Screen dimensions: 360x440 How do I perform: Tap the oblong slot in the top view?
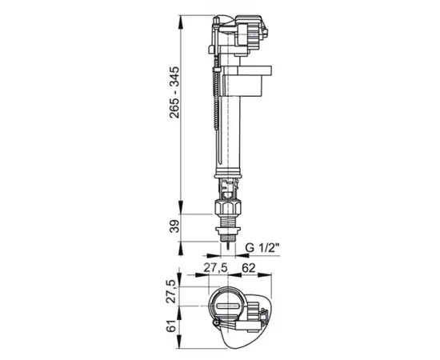pyautogui.click(x=228, y=306)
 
